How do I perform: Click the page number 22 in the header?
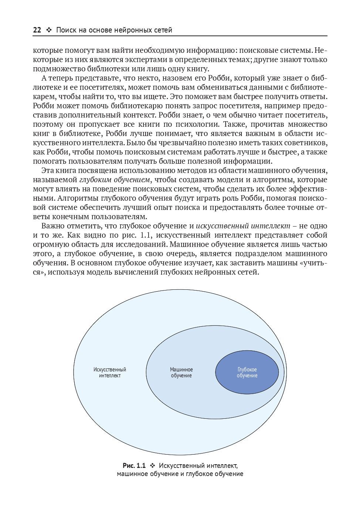tap(37, 30)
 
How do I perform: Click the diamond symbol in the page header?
tap(48, 30)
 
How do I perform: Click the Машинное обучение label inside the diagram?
tap(181, 372)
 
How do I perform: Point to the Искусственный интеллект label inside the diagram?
tap(110, 372)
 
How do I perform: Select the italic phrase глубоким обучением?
tap(114, 180)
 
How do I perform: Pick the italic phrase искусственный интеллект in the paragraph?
tap(243, 226)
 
